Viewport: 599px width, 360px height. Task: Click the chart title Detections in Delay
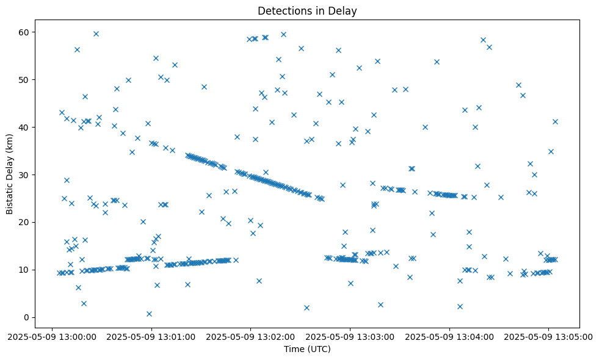(x=307, y=11)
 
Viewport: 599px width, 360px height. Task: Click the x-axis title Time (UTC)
(x=307, y=349)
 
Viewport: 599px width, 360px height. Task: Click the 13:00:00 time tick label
(x=52, y=336)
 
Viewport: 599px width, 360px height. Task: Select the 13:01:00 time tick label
(x=151, y=336)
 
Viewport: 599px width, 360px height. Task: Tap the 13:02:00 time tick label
(x=250, y=336)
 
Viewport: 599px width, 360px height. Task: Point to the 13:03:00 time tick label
(x=350, y=336)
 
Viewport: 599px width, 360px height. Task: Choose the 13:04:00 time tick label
(x=449, y=336)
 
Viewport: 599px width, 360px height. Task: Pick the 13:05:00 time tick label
(x=548, y=336)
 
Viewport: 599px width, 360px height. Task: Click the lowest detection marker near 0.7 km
(x=149, y=314)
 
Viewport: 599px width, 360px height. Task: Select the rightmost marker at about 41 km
(x=555, y=121)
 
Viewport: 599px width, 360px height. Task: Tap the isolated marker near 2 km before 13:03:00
(x=307, y=308)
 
